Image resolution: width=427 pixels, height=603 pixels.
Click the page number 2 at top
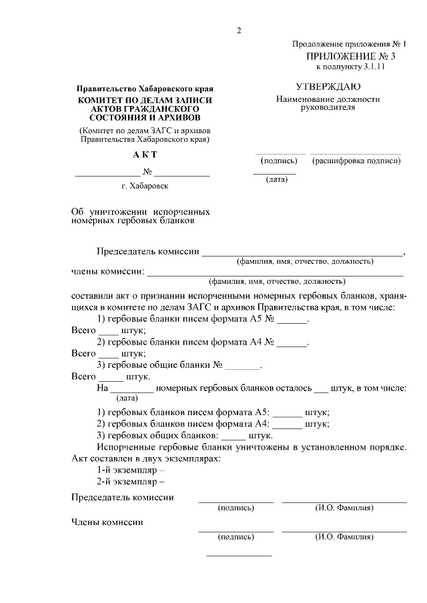click(x=238, y=31)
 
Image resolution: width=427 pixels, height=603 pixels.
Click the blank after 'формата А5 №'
click(x=292, y=320)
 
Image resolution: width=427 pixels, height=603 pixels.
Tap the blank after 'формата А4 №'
click(x=292, y=343)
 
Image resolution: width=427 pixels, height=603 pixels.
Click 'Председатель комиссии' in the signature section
click(x=123, y=498)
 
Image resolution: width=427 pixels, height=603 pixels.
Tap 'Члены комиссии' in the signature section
click(x=107, y=522)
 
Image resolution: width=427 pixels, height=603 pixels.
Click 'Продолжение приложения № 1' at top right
click(x=349, y=44)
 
